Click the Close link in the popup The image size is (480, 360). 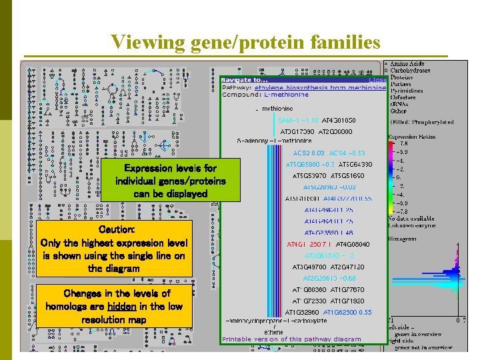(378, 80)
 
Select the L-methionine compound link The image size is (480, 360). (281, 95)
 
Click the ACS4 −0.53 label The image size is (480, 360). (347, 153)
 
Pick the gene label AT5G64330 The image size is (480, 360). (355, 164)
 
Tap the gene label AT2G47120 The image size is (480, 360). (347, 267)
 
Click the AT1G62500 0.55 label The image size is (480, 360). (347, 312)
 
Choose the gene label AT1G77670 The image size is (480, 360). (347, 290)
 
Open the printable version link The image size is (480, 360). (291, 339)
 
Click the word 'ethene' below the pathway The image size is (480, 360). (274, 331)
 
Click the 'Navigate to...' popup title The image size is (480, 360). (244, 80)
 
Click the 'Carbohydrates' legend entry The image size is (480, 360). (410, 70)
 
